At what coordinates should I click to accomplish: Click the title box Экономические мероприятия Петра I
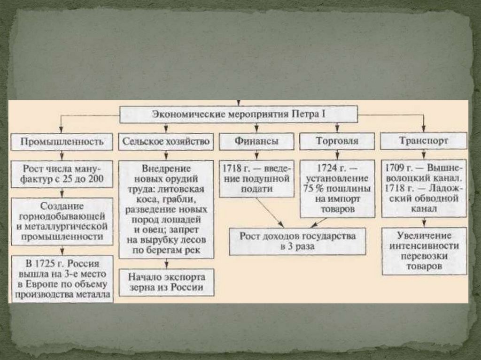pyautogui.click(x=239, y=114)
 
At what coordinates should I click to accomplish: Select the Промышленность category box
pyautogui.click(x=62, y=141)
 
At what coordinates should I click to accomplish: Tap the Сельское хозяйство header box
pyautogui.click(x=166, y=141)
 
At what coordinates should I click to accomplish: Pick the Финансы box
pyautogui.click(x=256, y=141)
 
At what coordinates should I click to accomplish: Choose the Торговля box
pyautogui.click(x=337, y=141)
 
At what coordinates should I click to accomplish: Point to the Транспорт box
pyautogui.click(x=424, y=141)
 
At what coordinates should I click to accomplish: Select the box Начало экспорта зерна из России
pyautogui.click(x=166, y=282)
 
